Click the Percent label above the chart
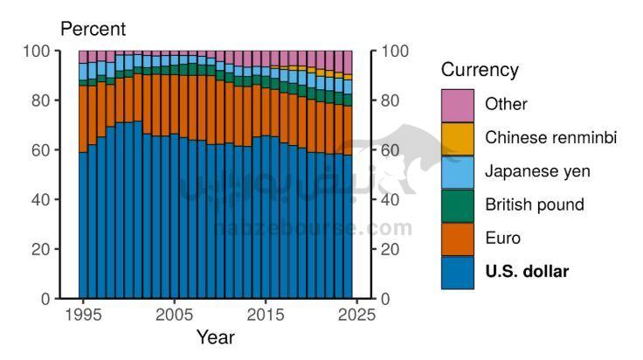tap(93, 29)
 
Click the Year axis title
tap(215, 336)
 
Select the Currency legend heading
tap(480, 70)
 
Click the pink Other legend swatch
tap(458, 105)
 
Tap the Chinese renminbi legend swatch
tap(458, 138)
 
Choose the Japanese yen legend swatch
tap(458, 171)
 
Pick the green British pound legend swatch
tap(458, 205)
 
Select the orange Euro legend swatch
tap(458, 239)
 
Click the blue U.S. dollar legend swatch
tap(458, 272)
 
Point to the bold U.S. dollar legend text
tap(527, 272)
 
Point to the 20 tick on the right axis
tap(391, 249)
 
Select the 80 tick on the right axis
tap(391, 100)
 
